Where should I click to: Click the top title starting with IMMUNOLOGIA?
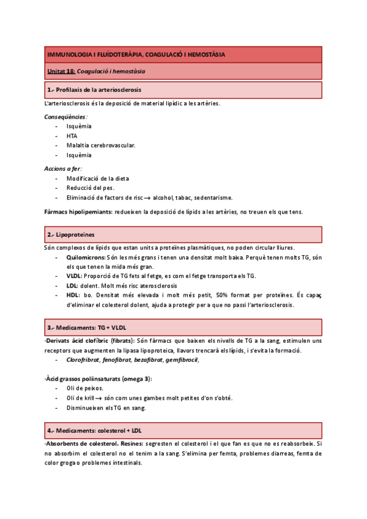136,54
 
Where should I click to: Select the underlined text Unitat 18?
61,72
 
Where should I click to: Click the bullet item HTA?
72,136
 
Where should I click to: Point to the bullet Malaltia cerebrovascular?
101,146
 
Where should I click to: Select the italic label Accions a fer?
63,168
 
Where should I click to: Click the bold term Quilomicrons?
86,257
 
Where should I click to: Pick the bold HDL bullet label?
73,296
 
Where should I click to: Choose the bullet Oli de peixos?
85,388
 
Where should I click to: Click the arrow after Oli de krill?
98,398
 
